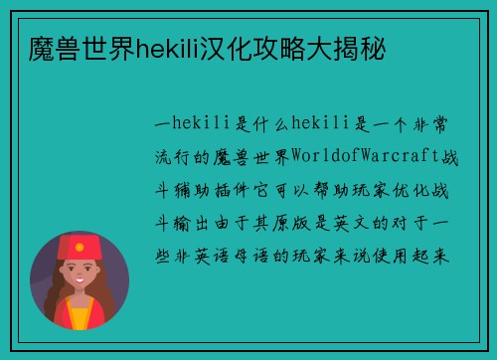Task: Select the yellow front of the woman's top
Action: click(79, 317)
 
